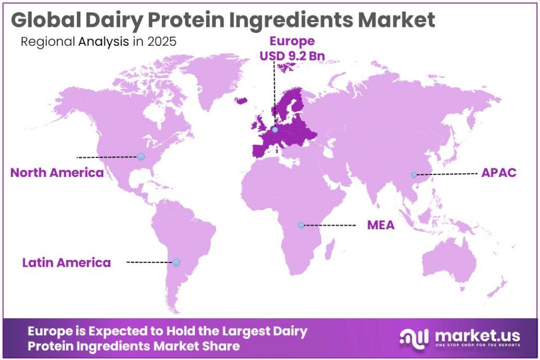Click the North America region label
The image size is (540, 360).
point(57,172)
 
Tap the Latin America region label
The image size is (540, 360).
point(66,262)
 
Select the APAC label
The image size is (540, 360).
point(498,173)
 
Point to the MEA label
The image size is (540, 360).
point(381,226)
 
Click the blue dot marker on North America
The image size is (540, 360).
point(141,157)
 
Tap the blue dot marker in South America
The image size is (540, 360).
point(176,262)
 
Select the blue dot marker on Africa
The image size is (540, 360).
point(301,225)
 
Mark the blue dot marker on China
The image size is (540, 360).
point(414,174)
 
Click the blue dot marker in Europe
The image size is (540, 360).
point(275,128)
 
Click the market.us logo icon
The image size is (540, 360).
point(414,337)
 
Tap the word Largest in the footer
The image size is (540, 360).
point(238,332)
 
